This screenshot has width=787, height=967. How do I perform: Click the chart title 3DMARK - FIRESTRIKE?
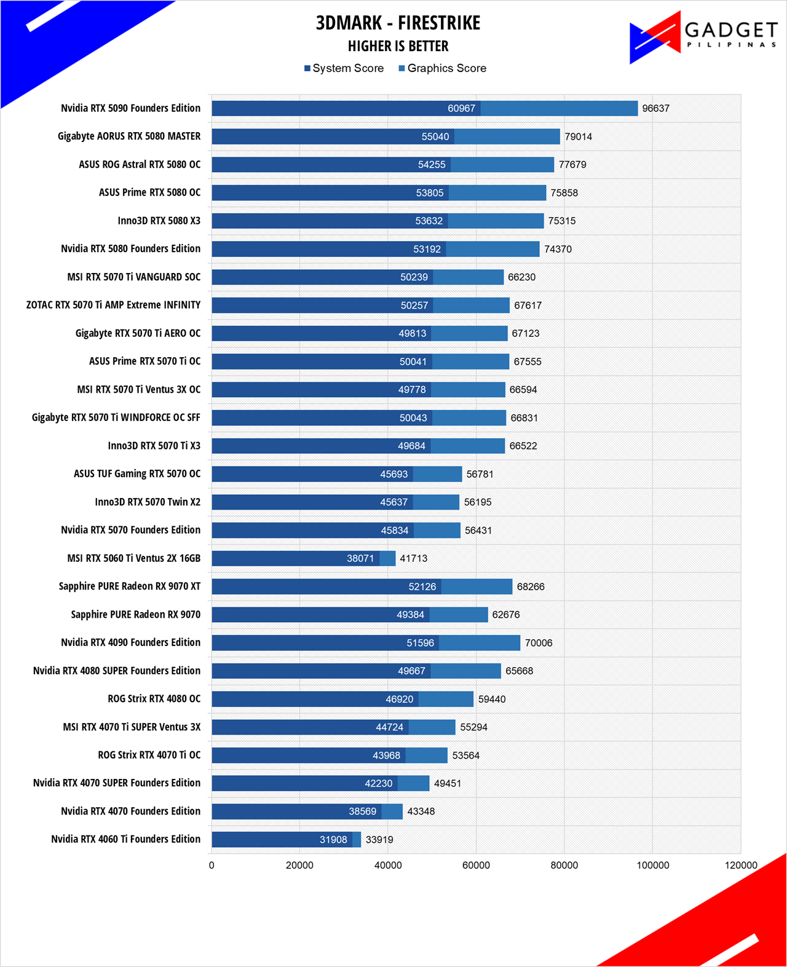398,23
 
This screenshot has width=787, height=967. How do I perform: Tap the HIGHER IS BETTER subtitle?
398,46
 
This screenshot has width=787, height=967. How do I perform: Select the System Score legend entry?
344,68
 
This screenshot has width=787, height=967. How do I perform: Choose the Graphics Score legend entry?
442,68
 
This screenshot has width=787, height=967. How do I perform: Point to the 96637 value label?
655,109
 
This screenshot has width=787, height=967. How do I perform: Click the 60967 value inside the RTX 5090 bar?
461,109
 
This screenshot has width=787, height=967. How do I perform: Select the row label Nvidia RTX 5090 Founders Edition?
130,108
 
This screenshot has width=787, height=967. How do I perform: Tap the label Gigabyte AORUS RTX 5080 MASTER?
129,136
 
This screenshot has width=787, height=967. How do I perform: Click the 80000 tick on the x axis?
564,866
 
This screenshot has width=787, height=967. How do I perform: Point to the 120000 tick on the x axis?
741,866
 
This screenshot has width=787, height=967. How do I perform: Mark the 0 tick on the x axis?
212,866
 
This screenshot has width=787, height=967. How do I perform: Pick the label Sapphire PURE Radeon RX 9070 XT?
130,586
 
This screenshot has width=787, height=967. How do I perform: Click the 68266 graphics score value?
531,586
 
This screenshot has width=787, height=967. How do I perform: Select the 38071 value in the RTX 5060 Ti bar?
360,558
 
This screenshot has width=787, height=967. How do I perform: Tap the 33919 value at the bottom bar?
379,840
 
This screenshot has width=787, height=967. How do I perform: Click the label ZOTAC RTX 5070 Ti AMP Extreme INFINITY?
113,305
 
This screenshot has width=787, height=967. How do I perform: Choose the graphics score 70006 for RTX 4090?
539,643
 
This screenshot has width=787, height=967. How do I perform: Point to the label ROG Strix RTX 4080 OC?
154,699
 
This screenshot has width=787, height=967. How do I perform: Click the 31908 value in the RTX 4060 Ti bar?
333,840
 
